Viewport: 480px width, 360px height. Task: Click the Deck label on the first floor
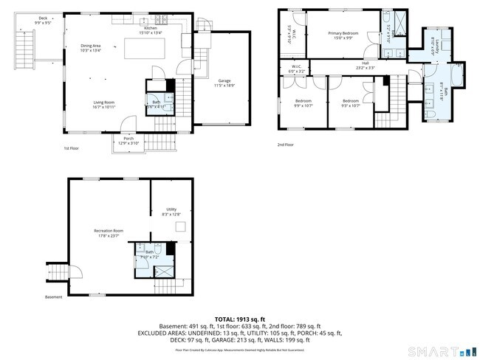pyautogui.click(x=43, y=20)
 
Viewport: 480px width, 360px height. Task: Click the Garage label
pyautogui.click(x=224, y=82)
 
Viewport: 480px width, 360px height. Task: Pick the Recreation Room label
pyautogui.click(x=109, y=233)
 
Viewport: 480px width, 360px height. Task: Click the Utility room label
pyautogui.click(x=171, y=211)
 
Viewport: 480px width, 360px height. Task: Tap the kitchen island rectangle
pyautogui.click(x=145, y=49)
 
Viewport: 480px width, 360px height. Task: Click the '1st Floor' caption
pyautogui.click(x=71, y=148)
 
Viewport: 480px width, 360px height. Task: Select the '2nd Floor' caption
pyautogui.click(x=285, y=145)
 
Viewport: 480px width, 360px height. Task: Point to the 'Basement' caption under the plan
pyautogui.click(x=53, y=298)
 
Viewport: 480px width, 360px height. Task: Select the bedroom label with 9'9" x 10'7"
pyautogui.click(x=304, y=103)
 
